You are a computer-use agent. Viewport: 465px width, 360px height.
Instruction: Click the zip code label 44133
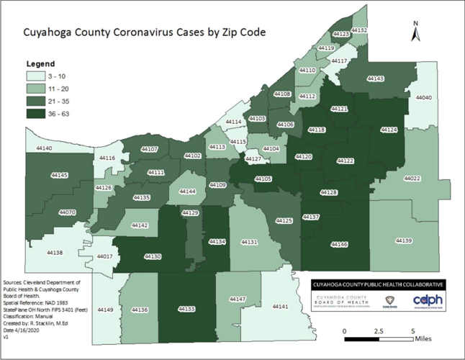(186, 309)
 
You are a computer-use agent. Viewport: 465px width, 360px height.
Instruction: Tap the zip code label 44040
(425, 97)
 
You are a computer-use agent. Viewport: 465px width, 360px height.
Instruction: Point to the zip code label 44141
(280, 307)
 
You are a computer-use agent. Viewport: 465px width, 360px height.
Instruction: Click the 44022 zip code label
(412, 178)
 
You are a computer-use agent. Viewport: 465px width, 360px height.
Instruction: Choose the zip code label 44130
(153, 256)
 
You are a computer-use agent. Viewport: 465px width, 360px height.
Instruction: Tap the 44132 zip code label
(360, 30)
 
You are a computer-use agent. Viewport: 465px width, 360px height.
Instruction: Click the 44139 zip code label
(403, 240)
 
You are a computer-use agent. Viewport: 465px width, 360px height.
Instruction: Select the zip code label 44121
(338, 109)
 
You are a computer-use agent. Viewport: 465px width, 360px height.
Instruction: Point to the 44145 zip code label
(60, 175)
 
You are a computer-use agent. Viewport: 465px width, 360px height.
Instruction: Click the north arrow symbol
(415, 33)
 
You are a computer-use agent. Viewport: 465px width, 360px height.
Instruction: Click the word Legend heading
(40, 63)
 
